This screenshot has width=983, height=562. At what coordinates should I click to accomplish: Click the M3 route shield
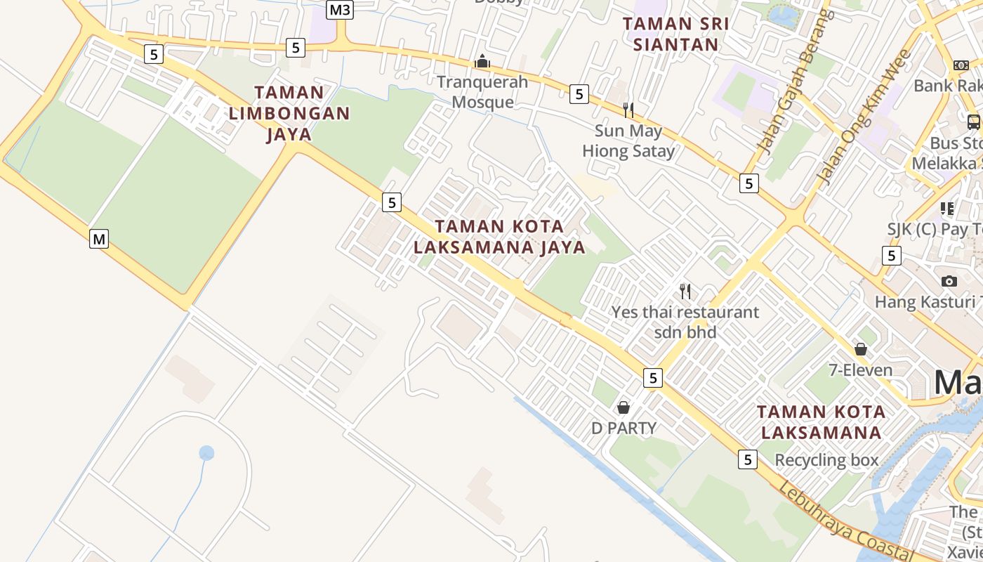click(340, 10)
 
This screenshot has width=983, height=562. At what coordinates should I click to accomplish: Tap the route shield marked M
click(99, 239)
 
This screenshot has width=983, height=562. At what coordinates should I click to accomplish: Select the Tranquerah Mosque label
click(482, 92)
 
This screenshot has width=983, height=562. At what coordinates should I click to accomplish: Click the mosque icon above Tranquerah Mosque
click(482, 62)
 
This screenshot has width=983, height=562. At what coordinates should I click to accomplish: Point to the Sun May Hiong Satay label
click(628, 140)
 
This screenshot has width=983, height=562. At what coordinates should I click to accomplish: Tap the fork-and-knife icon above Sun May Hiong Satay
click(628, 110)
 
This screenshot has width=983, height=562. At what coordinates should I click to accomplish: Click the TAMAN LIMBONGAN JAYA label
click(289, 113)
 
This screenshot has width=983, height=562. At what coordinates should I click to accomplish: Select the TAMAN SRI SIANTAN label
click(675, 34)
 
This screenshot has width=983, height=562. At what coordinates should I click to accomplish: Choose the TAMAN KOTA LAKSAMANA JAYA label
click(499, 237)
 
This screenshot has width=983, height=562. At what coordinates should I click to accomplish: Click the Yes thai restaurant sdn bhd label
click(685, 322)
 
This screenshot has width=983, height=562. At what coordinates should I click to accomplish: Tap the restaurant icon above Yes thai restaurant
click(685, 291)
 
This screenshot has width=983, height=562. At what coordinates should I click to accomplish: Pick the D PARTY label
click(624, 428)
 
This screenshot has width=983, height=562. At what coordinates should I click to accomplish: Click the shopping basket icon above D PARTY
click(623, 407)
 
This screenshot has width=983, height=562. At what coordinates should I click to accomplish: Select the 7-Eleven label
click(861, 370)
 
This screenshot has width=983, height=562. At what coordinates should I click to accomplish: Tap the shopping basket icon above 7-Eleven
click(861, 349)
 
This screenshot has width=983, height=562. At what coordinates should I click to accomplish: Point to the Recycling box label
click(826, 460)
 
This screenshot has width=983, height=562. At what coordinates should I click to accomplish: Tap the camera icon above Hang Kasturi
click(949, 281)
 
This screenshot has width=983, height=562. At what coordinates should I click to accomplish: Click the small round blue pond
click(206, 453)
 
